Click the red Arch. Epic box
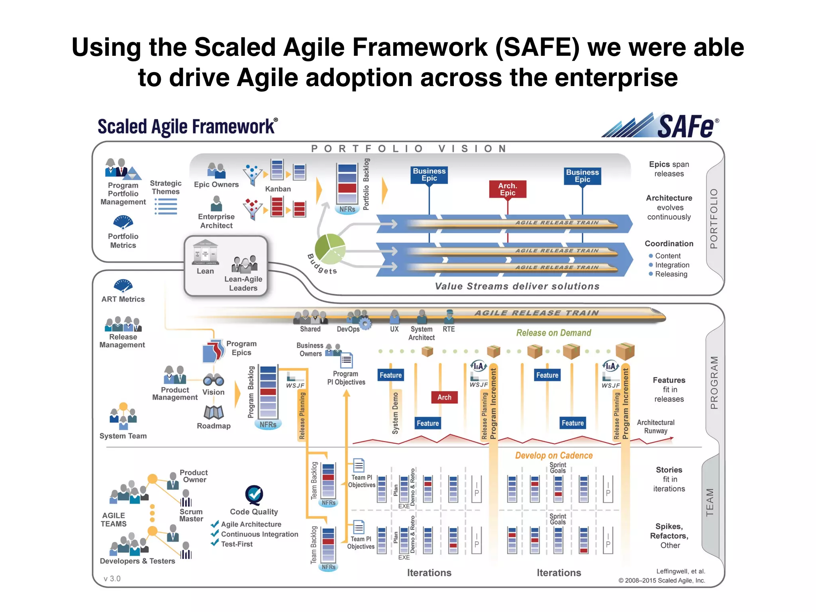[507, 189]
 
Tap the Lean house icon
[205, 253]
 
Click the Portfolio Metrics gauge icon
[123, 222]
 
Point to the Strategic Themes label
[165, 187]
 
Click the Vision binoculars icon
[213, 380]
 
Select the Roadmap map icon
[214, 413]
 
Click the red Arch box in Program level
[444, 397]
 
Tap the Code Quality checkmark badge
[254, 495]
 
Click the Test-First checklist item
[237, 544]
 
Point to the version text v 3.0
[112, 579]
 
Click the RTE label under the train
[449, 329]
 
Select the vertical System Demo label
[395, 413]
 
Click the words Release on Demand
[553, 333]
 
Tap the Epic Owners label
[216, 184]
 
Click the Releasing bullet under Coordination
[671, 274]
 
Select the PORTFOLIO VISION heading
[409, 149]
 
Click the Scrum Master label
[191, 515]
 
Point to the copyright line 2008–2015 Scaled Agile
[661, 581]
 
